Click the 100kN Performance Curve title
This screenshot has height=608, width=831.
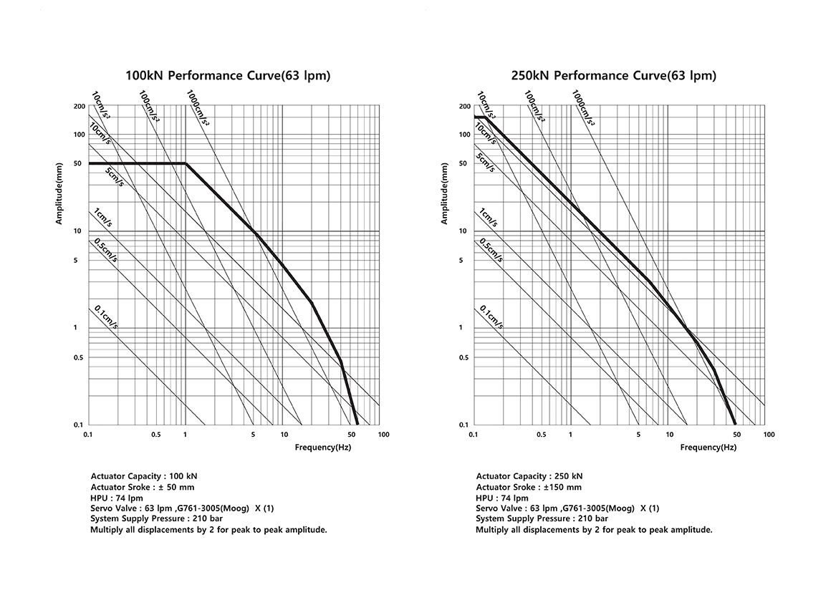point(228,75)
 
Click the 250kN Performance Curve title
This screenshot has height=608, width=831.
point(613,75)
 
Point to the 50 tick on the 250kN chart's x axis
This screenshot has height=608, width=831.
point(736,435)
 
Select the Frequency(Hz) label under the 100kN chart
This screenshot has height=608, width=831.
point(323,448)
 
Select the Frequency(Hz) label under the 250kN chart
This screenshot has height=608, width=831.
point(708,448)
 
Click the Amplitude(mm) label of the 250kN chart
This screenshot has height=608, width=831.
point(444,193)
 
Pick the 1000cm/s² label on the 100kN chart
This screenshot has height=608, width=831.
point(198,108)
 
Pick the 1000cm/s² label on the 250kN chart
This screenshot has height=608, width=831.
point(583,108)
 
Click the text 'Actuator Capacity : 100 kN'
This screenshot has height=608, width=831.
point(144,476)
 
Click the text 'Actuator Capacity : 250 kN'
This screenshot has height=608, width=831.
point(529,476)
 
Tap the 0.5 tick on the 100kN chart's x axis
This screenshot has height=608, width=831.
point(155,435)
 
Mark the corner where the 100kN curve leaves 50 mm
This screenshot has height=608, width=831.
point(186,164)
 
